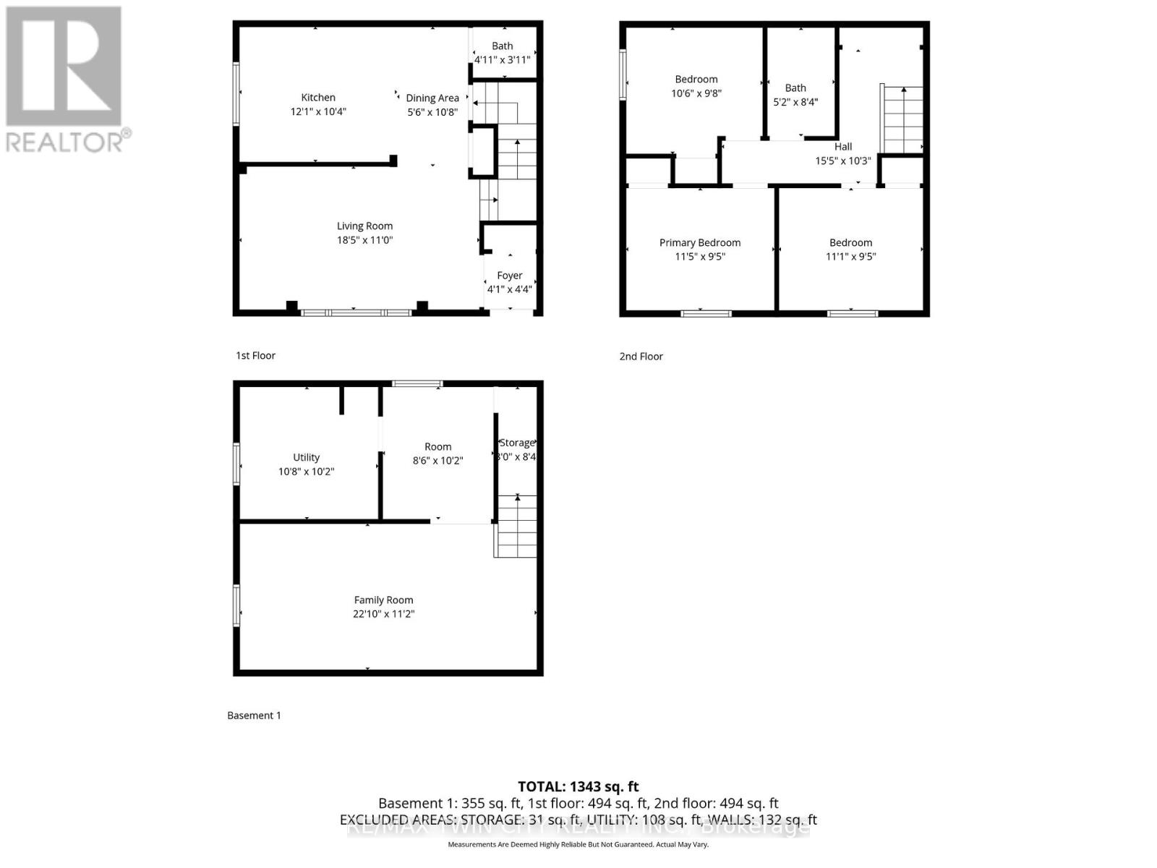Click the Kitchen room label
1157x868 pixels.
pyautogui.click(x=318, y=98)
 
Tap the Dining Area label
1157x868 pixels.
pyautogui.click(x=432, y=98)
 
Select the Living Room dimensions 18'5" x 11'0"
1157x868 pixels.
pyautogui.click(x=364, y=240)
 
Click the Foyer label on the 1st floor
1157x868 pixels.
pyautogui.click(x=510, y=276)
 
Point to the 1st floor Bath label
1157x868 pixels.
pyautogui.click(x=503, y=46)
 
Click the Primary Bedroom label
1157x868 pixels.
pyautogui.click(x=700, y=243)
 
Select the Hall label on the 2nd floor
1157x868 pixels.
pyautogui.click(x=843, y=147)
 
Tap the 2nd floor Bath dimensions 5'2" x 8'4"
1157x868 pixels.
pyautogui.click(x=795, y=102)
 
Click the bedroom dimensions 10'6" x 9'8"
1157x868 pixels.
pyautogui.click(x=696, y=93)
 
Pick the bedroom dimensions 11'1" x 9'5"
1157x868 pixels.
pyautogui.click(x=851, y=257)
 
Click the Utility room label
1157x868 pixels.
pyautogui.click(x=307, y=458)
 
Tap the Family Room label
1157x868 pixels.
pyautogui.click(x=383, y=600)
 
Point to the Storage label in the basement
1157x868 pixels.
pyautogui.click(x=517, y=443)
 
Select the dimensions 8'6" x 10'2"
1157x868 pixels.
pyautogui.click(x=437, y=461)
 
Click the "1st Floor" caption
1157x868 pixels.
pyautogui.click(x=256, y=356)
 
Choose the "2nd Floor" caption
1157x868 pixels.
pyautogui.click(x=641, y=357)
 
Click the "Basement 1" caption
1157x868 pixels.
pyautogui.click(x=254, y=715)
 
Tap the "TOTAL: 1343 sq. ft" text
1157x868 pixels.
pyautogui.click(x=578, y=787)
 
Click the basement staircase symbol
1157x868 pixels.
pyautogui.click(x=516, y=526)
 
